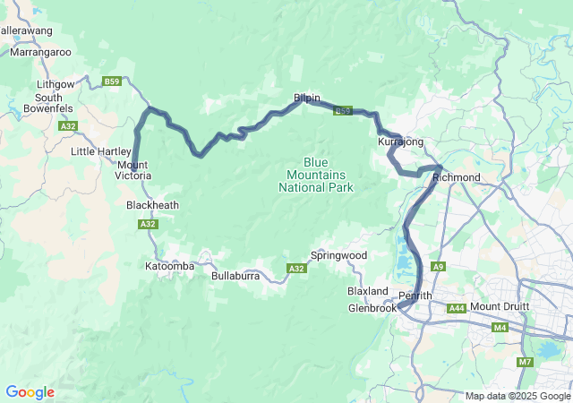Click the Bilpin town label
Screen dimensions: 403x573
pos(306,98)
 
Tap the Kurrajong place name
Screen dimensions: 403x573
pos(400,142)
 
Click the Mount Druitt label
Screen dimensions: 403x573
pos(500,307)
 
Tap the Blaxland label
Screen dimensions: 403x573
pos(368,292)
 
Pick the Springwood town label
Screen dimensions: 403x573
pos(338,255)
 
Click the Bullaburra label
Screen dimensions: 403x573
pos(235,276)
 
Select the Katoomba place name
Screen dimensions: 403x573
pos(169,266)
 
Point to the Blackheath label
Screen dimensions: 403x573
pos(152,205)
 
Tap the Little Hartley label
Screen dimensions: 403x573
pos(101,151)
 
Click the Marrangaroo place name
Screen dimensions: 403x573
pos(40,52)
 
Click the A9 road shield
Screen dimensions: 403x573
pos(438,267)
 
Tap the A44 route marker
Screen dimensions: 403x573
pos(457,307)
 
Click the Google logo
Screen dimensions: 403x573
pos(30,392)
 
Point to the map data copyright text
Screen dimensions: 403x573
pos(517,396)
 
